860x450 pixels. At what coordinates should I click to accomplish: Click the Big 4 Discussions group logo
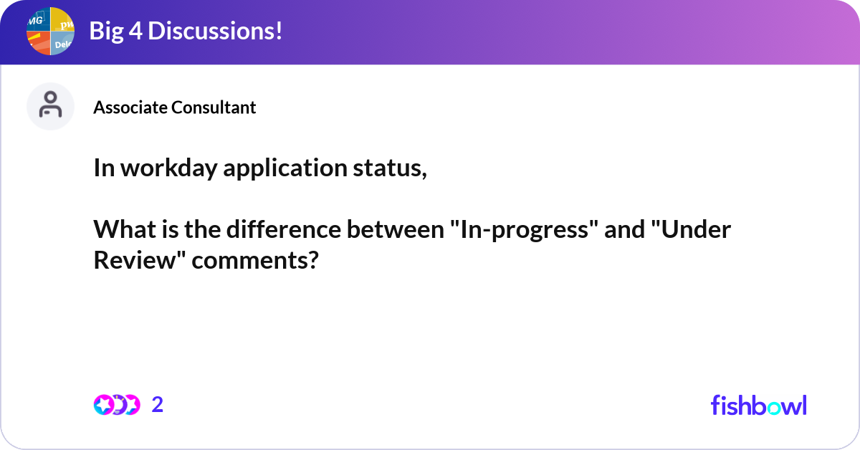(x=50, y=31)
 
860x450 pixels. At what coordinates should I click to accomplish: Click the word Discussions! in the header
(x=215, y=31)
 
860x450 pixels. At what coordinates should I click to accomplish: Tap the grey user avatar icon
(x=50, y=106)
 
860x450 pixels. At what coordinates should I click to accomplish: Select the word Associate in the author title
(x=130, y=107)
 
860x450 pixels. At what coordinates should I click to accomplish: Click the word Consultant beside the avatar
(x=214, y=107)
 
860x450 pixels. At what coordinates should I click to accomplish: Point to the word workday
(x=169, y=168)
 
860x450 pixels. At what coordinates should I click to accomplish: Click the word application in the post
(x=285, y=168)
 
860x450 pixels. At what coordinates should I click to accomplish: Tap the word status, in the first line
(x=390, y=168)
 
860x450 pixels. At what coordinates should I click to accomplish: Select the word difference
(x=283, y=229)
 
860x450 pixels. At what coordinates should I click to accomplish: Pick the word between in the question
(x=396, y=229)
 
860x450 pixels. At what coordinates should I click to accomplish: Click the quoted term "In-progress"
(x=524, y=229)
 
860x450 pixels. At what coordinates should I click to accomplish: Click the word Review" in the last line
(x=140, y=260)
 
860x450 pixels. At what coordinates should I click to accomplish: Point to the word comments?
(x=255, y=260)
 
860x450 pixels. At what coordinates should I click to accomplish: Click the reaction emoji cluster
(x=117, y=405)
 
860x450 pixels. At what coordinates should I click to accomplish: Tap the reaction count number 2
(x=158, y=405)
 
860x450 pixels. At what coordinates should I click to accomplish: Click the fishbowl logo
(x=759, y=405)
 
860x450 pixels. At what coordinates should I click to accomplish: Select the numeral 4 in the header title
(x=135, y=31)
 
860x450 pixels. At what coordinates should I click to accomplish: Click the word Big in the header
(x=106, y=32)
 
